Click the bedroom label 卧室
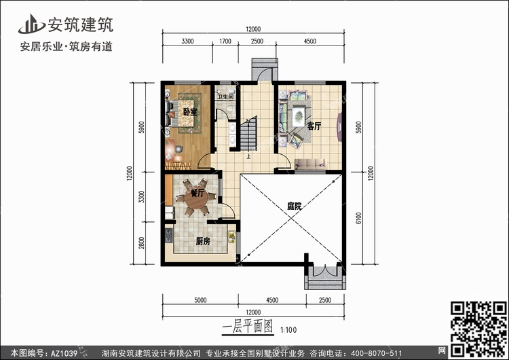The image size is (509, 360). (x=190, y=112)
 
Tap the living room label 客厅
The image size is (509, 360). (x=314, y=126)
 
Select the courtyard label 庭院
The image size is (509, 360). (x=295, y=206)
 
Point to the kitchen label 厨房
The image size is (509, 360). (x=203, y=241)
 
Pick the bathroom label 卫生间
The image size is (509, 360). (x=225, y=96)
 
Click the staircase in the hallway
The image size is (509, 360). (x=248, y=133)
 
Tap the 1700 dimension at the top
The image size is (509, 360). (x=225, y=41)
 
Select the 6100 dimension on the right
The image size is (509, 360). (x=358, y=218)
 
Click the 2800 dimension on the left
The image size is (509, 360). (x=142, y=242)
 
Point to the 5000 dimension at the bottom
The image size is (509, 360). (x=200, y=300)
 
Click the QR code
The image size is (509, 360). (x=478, y=329)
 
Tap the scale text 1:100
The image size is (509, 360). (x=288, y=330)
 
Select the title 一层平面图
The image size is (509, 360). (x=248, y=327)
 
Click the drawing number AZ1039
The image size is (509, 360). (x=64, y=353)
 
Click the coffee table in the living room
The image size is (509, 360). (x=299, y=116)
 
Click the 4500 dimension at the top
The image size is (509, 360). (x=310, y=41)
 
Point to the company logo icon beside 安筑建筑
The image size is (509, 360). (x=31, y=24)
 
